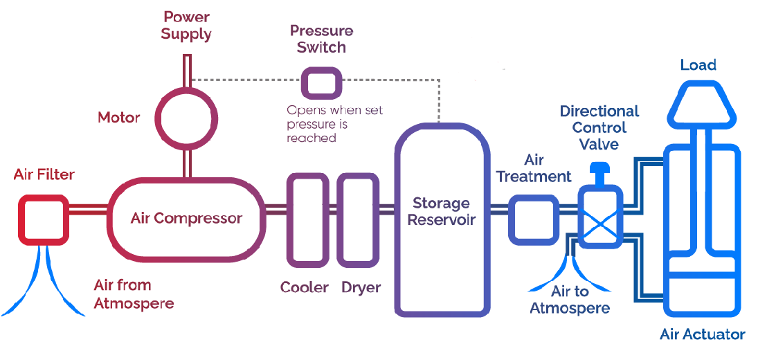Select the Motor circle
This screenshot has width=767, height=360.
pos(186,116)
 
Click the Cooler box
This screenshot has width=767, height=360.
pos(307,219)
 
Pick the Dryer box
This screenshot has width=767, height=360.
pos(358,219)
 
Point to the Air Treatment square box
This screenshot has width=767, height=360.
pos(534,219)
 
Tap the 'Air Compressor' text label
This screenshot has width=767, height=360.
pos(186,219)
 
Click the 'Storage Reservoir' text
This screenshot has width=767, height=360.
pos(441,211)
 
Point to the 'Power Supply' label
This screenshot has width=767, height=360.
pos(186,25)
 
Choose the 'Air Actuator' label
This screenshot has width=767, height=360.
pos(702,335)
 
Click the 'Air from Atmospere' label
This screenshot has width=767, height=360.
pos(134,294)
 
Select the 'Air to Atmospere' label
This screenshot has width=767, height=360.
pos(570,300)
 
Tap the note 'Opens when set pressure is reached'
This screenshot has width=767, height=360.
pos(334,124)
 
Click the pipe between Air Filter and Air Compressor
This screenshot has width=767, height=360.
pos(89,208)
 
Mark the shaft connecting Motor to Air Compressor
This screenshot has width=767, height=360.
pos(186,163)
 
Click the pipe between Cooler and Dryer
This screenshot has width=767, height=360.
pos(332,208)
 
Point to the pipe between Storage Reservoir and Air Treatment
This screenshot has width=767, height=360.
pos(500,208)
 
